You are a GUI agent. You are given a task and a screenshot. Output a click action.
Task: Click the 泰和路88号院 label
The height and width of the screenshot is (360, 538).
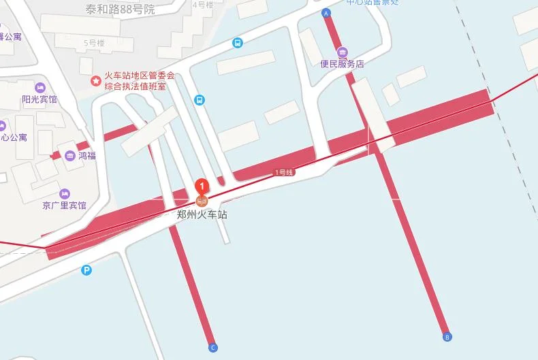click(x=120, y=10)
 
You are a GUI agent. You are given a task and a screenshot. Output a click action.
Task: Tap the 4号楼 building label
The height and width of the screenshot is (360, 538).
click(x=202, y=4)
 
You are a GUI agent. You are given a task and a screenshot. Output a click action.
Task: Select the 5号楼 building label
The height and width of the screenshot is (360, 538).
click(x=94, y=43)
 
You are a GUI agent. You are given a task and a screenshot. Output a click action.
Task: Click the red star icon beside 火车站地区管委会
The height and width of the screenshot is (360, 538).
click(x=96, y=81)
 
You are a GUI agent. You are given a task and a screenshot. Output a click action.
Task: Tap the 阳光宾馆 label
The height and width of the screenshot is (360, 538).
click(x=39, y=99)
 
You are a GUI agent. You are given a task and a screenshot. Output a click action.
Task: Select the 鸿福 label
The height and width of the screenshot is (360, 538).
click(x=87, y=155)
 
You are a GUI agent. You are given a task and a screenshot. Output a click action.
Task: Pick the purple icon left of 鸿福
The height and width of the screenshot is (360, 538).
click(x=70, y=156)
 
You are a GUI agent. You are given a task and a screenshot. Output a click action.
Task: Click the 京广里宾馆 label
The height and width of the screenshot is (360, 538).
click(x=64, y=206)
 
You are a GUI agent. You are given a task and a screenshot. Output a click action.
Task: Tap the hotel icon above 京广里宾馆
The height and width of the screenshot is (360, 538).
click(x=64, y=193)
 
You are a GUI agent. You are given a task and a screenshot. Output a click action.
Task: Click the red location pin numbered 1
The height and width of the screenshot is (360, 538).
click(x=202, y=186)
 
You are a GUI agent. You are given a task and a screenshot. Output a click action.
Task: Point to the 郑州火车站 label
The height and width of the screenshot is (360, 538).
click(x=202, y=214)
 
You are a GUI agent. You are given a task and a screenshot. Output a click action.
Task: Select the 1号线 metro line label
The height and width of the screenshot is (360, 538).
click(x=284, y=173)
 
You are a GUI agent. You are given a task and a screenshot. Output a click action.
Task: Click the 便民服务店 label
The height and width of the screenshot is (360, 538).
click(x=342, y=64)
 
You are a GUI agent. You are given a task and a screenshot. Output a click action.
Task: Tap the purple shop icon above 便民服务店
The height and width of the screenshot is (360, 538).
click(x=342, y=52)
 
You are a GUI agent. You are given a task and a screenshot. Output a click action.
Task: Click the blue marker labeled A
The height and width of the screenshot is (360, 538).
click(x=326, y=13)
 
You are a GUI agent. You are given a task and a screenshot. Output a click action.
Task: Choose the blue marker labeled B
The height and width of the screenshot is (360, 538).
click(x=447, y=336)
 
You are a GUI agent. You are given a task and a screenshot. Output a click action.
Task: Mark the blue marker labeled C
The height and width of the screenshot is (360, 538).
click(x=213, y=348)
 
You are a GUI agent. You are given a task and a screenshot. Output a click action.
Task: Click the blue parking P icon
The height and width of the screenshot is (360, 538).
click(x=86, y=270)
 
